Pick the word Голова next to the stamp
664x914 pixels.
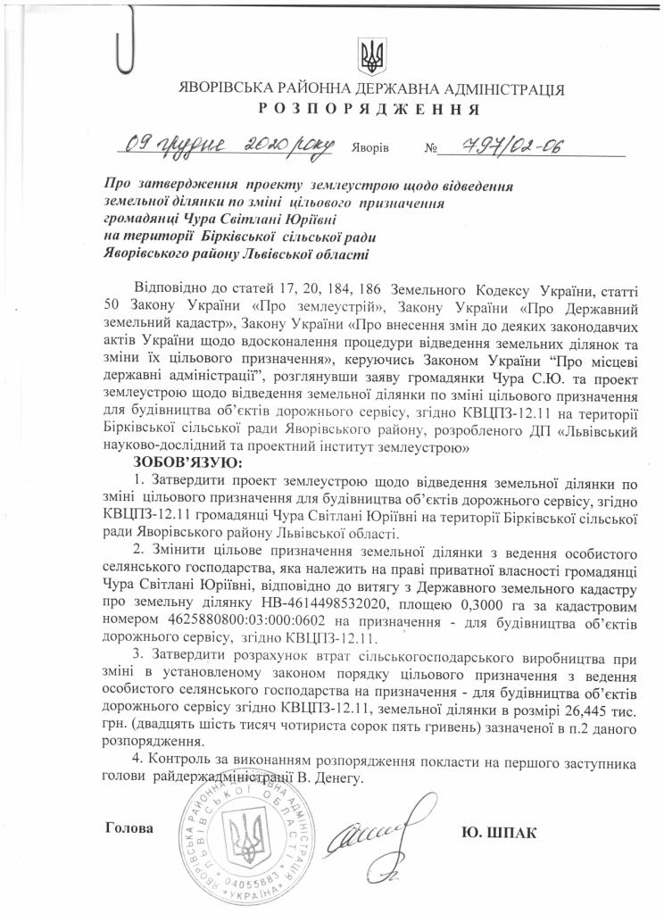(x=129, y=827)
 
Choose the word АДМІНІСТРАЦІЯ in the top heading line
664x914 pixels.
(x=503, y=90)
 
